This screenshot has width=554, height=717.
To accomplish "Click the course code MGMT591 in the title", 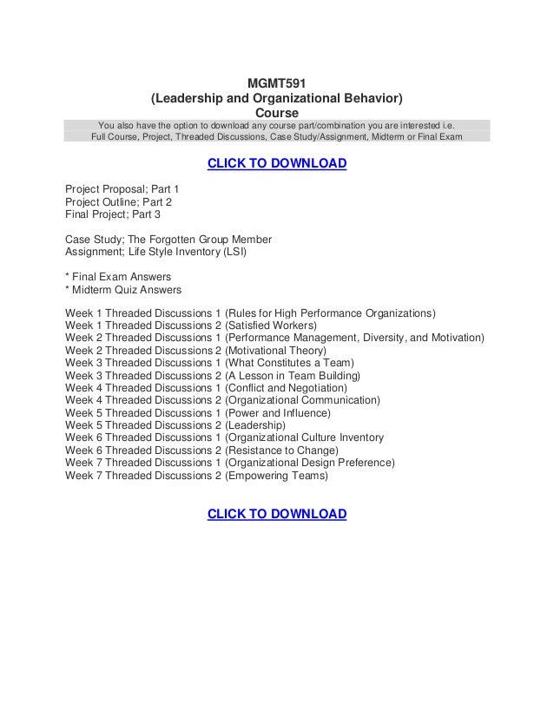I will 277,83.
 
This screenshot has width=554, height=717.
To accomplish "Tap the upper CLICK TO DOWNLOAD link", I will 276,164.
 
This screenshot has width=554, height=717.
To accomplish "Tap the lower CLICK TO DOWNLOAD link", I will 276,515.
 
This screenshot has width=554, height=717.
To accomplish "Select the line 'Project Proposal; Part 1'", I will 122,187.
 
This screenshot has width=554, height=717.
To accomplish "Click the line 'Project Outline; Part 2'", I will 119,201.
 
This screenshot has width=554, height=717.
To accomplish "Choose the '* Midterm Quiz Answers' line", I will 123,289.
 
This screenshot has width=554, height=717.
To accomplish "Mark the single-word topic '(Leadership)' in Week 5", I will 255,425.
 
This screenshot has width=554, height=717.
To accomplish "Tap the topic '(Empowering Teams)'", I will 276,476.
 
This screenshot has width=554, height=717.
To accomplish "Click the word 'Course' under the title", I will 277,113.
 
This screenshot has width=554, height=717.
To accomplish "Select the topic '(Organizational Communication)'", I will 302,400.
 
